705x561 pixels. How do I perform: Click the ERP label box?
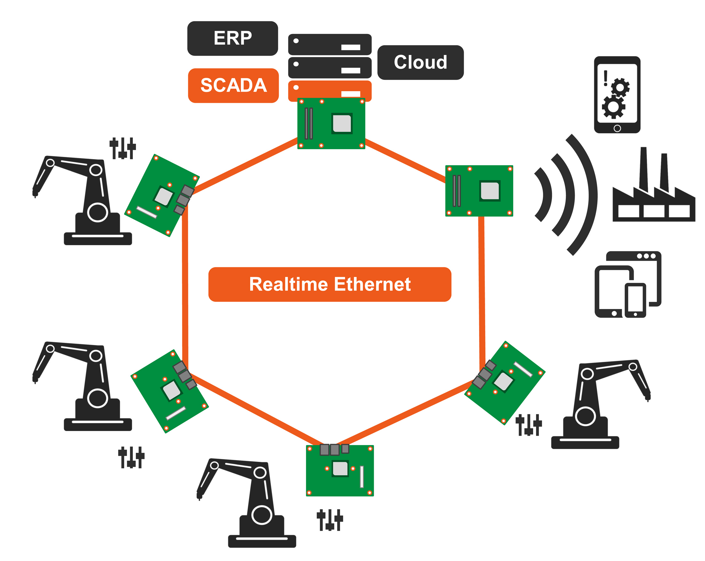(232, 38)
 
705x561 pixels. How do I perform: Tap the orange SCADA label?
(234, 85)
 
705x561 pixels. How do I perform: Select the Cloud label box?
(420, 62)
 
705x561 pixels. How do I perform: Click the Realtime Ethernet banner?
(330, 284)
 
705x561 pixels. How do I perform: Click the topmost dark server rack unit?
(330, 44)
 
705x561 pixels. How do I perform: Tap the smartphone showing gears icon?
(617, 94)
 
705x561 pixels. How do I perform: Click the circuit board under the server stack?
(331, 124)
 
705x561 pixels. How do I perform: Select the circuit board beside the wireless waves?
(479, 191)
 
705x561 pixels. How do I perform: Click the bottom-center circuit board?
(340, 470)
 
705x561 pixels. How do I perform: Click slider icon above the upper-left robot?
(123, 148)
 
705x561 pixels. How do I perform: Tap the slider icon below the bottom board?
(330, 520)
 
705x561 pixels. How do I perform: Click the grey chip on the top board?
(342, 123)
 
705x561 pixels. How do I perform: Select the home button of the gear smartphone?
(617, 128)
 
